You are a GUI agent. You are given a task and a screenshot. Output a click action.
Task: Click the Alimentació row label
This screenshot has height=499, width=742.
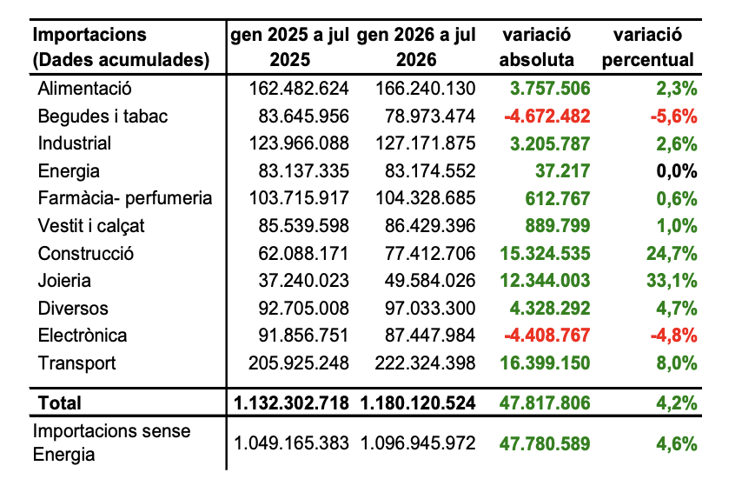(84, 89)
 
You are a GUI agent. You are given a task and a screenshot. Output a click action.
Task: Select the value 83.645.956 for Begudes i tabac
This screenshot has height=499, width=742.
(303, 116)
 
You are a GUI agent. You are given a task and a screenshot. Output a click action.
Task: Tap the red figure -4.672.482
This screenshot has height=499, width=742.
(547, 116)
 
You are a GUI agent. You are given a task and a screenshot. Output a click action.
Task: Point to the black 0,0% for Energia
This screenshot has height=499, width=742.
(677, 171)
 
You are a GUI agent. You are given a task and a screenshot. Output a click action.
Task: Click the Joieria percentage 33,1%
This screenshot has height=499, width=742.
(672, 281)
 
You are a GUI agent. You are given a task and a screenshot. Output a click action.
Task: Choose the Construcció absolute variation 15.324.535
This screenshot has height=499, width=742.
(545, 253)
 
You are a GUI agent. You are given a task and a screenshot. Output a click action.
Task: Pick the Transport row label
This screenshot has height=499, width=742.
(76, 363)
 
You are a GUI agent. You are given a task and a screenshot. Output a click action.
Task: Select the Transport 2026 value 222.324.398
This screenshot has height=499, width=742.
(425, 363)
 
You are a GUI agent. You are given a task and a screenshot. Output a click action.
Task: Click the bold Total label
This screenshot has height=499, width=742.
(60, 403)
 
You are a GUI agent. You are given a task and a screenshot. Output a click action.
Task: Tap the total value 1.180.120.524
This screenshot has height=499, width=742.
(417, 403)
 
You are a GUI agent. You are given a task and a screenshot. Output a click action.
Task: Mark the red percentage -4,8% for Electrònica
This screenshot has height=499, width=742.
(674, 336)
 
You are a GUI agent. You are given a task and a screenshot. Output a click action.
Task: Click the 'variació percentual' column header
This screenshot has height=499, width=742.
(647, 47)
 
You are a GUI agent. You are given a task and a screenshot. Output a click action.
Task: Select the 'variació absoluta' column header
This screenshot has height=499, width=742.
(537, 47)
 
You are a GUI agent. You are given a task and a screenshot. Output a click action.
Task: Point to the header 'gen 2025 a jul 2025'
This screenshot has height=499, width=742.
(289, 47)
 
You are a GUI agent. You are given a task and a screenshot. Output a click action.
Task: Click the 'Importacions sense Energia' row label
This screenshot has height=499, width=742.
(112, 442)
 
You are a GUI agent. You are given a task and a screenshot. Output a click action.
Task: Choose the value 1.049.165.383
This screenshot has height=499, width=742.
(292, 443)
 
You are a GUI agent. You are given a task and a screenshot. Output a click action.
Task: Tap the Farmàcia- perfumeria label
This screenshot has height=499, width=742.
(125, 198)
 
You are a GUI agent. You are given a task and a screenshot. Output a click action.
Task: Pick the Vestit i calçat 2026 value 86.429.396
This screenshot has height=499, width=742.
(430, 226)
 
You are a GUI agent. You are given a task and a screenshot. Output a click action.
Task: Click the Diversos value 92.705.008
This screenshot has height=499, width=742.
(303, 309)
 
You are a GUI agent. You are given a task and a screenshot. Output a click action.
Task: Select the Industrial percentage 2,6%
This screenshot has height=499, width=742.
(677, 143)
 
